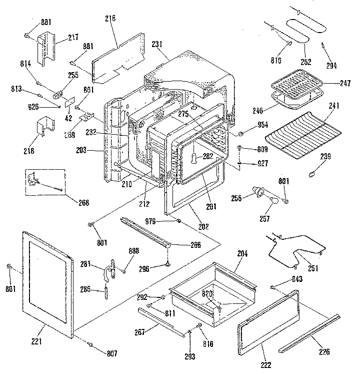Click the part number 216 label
click(110, 19)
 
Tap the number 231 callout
click(157, 44)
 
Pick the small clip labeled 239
click(312, 174)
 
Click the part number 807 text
click(111, 353)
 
